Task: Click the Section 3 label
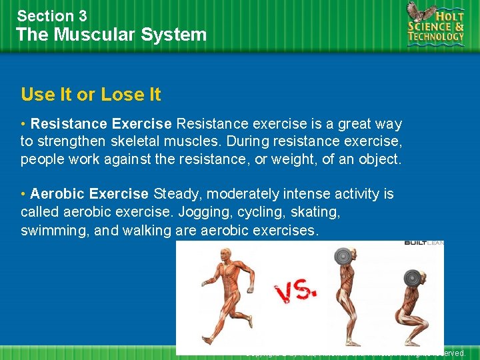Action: (x=52, y=15)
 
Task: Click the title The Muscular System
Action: (x=111, y=35)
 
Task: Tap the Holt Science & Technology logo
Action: (x=436, y=25)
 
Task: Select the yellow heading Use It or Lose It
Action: (x=91, y=95)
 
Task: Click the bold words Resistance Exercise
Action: (x=101, y=124)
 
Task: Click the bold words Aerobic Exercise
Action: (x=89, y=194)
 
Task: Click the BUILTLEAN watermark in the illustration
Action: (x=424, y=243)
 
